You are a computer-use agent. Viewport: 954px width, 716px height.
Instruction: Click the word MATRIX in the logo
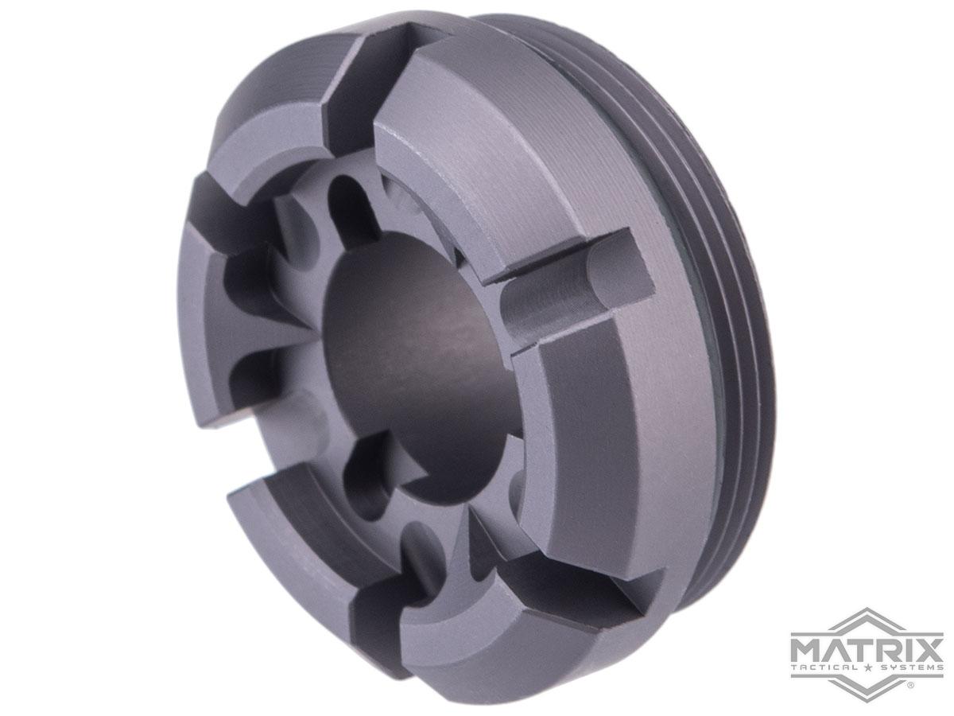tap(867, 646)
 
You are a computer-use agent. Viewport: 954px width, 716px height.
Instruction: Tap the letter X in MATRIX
tap(929, 646)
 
